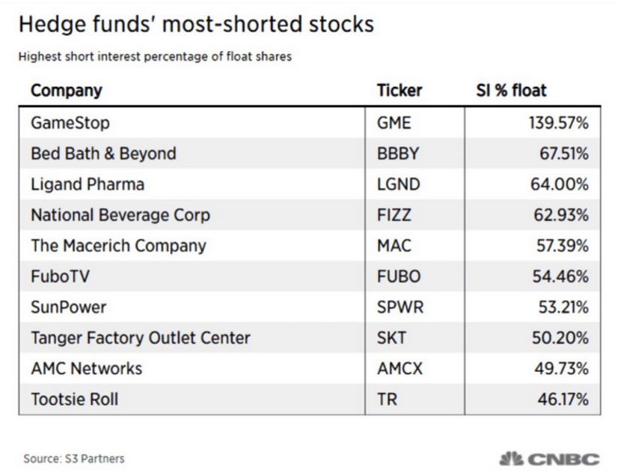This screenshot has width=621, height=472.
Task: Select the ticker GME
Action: click(x=394, y=123)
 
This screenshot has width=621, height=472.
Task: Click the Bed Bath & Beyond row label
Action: click(x=103, y=154)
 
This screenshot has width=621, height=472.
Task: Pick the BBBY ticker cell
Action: click(x=398, y=154)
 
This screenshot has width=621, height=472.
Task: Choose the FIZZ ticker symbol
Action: click(x=394, y=215)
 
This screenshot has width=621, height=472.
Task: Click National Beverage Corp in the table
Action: click(x=120, y=215)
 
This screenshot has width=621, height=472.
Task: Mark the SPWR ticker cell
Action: click(x=399, y=307)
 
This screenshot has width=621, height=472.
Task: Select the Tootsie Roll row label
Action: click(x=74, y=399)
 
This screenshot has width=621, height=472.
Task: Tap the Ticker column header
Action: click(x=400, y=91)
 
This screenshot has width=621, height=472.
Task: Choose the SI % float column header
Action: click(x=511, y=91)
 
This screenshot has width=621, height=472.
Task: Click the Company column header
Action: click(x=66, y=91)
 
